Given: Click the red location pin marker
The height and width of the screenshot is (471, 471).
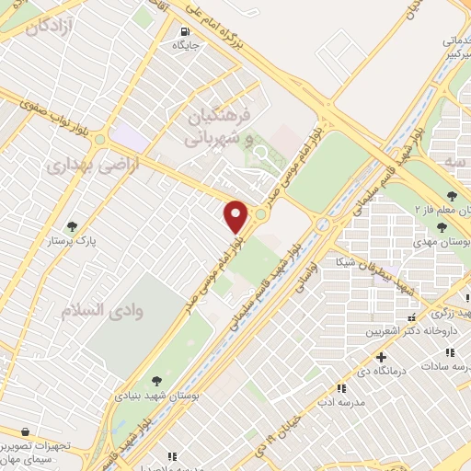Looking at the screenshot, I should click(x=236, y=216).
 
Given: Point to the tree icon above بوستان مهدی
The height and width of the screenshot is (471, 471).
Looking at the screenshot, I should click(x=452, y=195).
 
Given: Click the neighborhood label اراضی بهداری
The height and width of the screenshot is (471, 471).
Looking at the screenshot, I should click(x=81, y=167).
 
